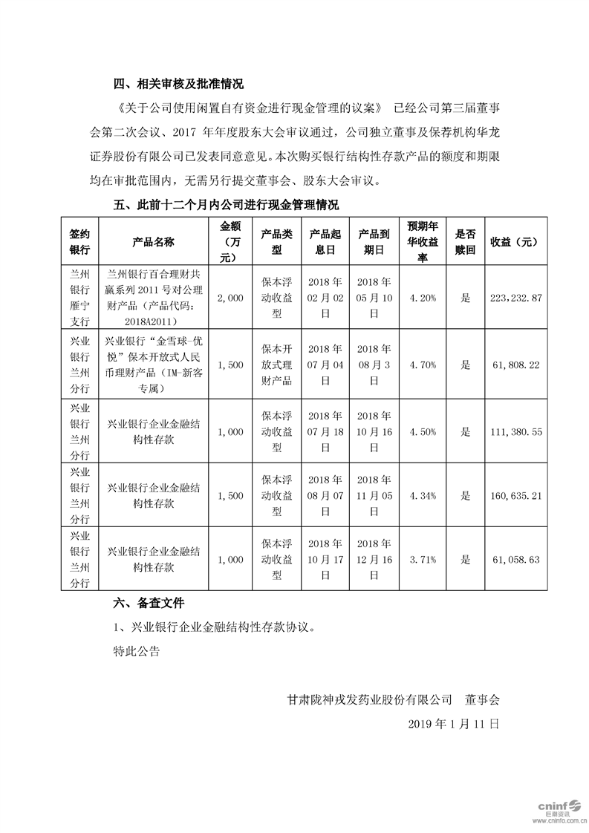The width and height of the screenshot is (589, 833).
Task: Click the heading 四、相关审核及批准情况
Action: [x=178, y=82]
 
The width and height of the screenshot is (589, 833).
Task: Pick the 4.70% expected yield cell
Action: [x=423, y=365]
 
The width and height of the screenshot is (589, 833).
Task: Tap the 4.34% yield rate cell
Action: [x=423, y=496]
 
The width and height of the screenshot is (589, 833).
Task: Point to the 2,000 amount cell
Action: [x=231, y=297]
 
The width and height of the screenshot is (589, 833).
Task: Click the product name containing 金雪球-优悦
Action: [x=153, y=365]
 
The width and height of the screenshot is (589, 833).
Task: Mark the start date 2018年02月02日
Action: [x=325, y=297]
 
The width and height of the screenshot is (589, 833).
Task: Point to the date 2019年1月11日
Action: [x=454, y=722]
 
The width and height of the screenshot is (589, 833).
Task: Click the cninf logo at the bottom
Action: [x=555, y=808]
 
